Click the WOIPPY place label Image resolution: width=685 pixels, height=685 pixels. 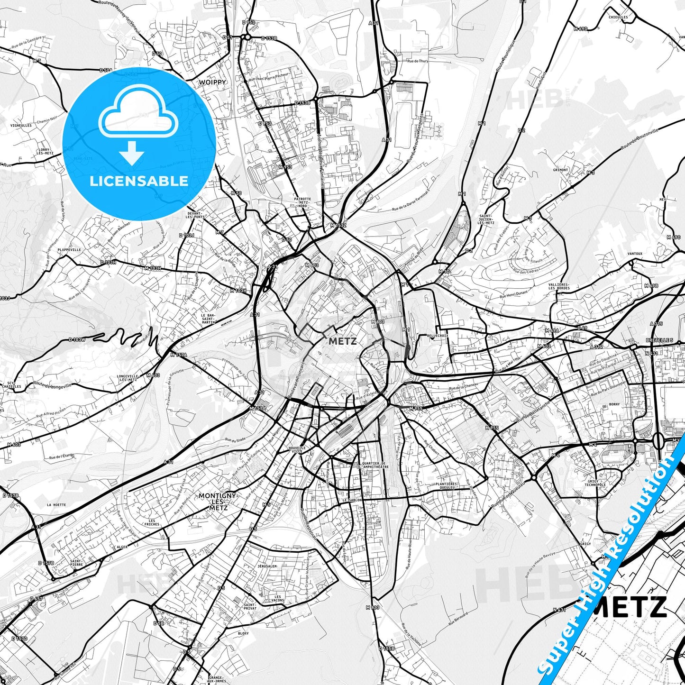point(212,82)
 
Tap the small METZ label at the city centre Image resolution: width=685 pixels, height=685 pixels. point(342,341)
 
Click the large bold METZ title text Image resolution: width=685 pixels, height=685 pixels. point(630,607)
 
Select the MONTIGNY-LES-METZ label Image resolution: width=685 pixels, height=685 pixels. point(218,502)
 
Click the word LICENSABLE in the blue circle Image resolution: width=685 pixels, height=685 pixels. point(139,181)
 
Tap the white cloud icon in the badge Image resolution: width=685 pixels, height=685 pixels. point(138,112)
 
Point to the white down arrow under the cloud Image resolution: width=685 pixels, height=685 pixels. point(132,153)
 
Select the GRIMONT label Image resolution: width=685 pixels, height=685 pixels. point(560,170)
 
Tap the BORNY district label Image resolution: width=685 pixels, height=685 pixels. point(614,405)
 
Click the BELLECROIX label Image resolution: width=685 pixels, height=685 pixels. point(438,335)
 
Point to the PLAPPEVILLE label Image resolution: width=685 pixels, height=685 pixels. point(69,249)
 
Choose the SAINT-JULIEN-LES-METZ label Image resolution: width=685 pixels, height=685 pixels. point(487,219)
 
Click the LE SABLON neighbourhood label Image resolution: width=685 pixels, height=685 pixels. point(352,500)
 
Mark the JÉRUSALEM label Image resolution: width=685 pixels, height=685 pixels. point(267,566)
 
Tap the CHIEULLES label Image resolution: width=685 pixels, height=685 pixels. point(618,17)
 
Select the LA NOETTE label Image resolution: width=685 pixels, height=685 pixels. point(56,505)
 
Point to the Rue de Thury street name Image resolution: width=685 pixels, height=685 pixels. point(417,61)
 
